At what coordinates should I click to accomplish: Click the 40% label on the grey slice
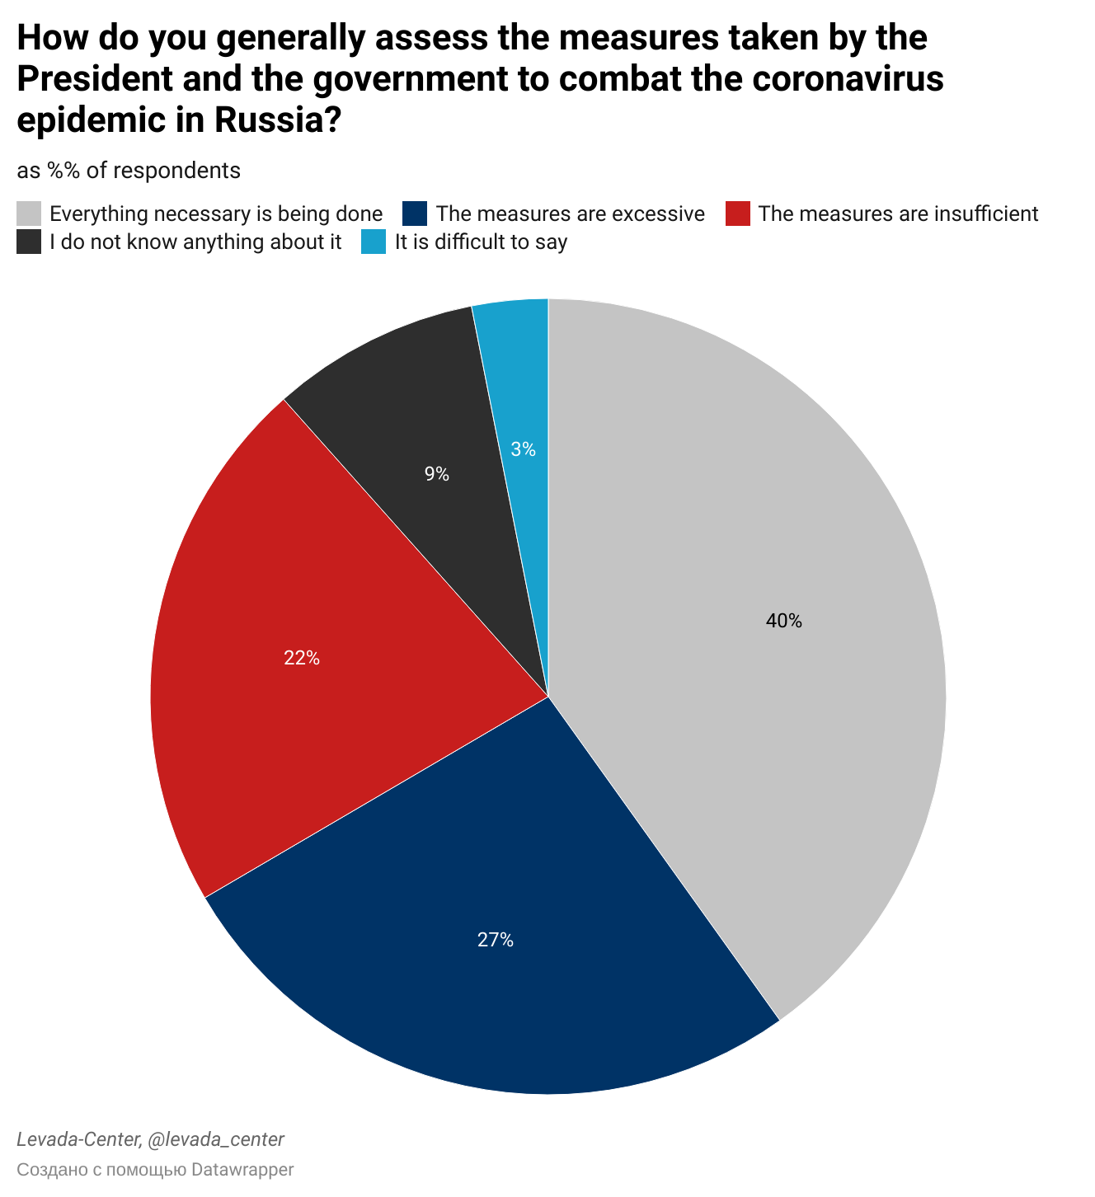click(783, 621)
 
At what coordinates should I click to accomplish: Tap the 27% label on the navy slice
click(495, 939)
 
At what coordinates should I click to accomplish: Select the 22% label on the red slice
click(301, 658)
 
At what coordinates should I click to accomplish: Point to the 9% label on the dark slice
click(436, 474)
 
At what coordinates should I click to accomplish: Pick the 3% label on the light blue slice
click(523, 449)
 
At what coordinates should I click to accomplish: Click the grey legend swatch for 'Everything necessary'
click(29, 214)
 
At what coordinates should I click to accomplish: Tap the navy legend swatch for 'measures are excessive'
click(415, 214)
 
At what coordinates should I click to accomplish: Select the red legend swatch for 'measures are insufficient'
click(737, 214)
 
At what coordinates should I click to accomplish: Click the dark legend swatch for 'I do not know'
click(29, 242)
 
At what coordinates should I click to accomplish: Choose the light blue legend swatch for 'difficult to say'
click(374, 242)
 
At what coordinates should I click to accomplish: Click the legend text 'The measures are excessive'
click(570, 214)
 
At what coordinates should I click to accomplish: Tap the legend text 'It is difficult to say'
click(481, 242)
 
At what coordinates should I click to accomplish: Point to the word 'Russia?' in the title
click(278, 120)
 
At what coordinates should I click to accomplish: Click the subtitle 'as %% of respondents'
click(129, 171)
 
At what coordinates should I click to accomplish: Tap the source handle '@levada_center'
click(215, 1139)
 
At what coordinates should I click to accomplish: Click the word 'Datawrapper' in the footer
click(242, 1169)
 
